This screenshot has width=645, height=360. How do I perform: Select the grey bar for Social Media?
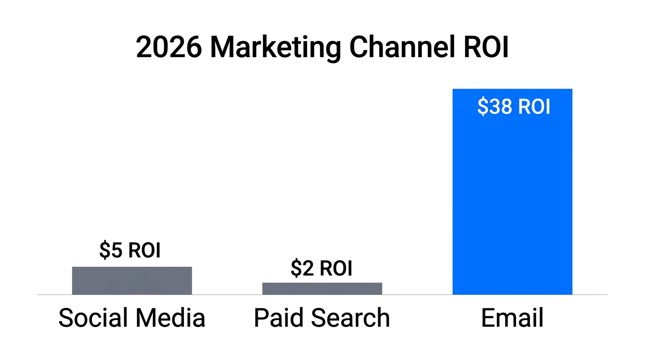132,281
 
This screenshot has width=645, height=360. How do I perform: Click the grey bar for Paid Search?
322,289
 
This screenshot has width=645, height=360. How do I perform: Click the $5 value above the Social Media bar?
111,250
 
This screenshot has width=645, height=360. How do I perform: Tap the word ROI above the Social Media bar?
144,250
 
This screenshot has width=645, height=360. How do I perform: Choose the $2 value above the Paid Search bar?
302,268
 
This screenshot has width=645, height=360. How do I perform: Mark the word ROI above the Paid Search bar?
336,268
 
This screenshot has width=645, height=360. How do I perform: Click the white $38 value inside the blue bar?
495,107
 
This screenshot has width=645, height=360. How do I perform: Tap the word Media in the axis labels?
170,318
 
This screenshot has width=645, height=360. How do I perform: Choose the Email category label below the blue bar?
512,318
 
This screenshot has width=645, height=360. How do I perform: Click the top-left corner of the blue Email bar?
453,90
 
